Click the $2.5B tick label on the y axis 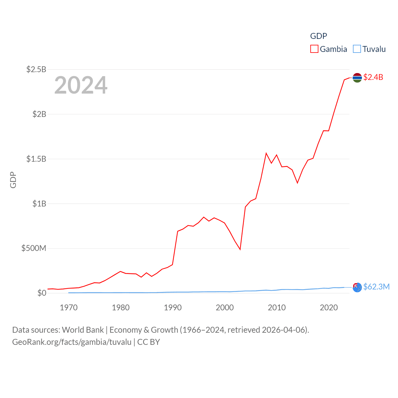36,69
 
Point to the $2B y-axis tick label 39,114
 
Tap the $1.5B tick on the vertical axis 36,159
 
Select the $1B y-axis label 39,204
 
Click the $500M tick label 34,248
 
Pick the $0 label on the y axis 42,293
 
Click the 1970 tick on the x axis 69,308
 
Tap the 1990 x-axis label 173,308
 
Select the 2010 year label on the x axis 277,308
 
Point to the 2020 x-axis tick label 329,308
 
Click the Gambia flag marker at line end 357,78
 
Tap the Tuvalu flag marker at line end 357,287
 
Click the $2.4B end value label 373,77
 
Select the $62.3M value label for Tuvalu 376,287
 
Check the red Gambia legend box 314,49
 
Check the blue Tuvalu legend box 357,49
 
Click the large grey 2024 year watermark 81,85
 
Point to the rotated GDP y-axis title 13,180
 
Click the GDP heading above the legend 318,36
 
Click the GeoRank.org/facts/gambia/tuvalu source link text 72,342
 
